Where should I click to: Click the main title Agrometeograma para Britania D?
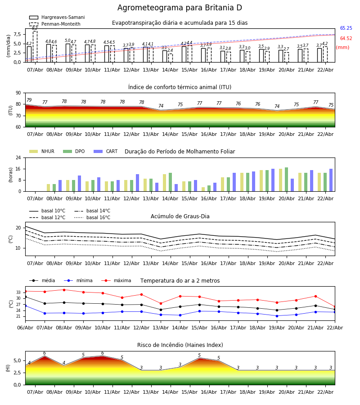pyautogui.click(x=180, y=8)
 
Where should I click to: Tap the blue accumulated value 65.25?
pyautogui.click(x=346, y=28)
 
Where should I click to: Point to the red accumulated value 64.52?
pyautogui.click(x=346, y=39)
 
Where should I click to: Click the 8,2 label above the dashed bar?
pyautogui.click(x=35, y=28)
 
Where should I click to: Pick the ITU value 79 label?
pyautogui.click(x=29, y=100)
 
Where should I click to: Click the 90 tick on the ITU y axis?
pyautogui.click(x=18, y=93)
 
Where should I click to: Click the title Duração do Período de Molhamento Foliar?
pyautogui.click(x=180, y=152)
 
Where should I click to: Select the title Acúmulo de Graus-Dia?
pyautogui.click(x=180, y=216)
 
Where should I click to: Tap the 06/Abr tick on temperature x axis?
pyautogui.click(x=25, y=328)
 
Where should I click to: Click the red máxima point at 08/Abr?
pyautogui.click(x=64, y=290)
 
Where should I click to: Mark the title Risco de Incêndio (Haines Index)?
pyautogui.click(x=180, y=345)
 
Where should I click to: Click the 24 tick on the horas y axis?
pyautogui.click(x=18, y=158)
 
